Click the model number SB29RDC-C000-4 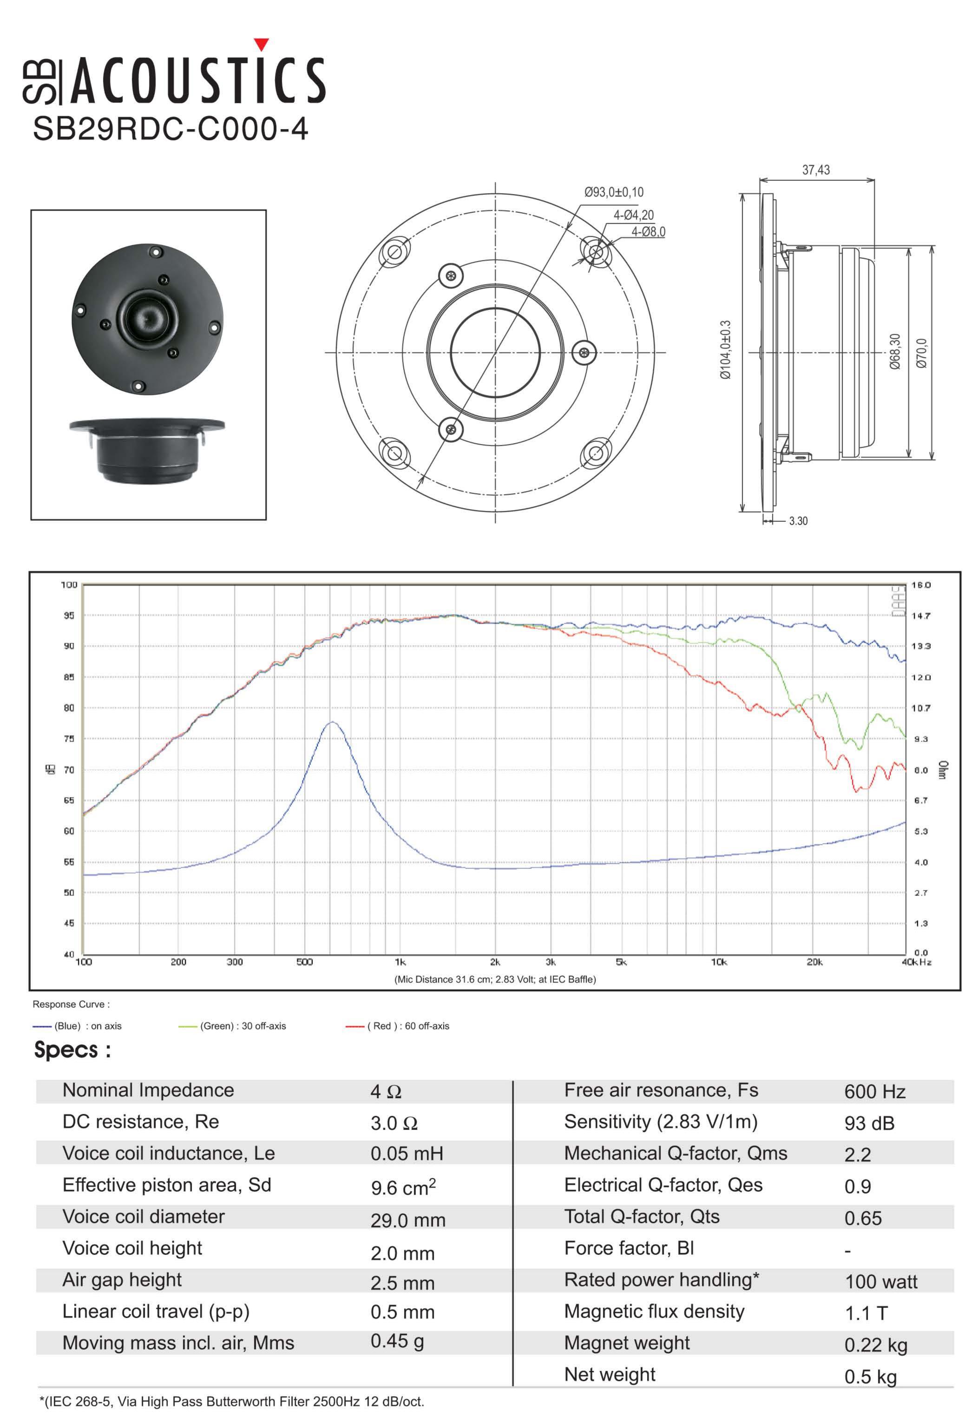point(170,129)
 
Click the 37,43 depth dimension point(815,170)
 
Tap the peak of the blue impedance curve point(332,722)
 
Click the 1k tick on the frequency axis point(400,962)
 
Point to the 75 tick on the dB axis point(69,739)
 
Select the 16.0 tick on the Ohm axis point(920,585)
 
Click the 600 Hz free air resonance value point(874,1091)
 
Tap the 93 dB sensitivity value point(869,1123)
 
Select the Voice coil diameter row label point(143,1216)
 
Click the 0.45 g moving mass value point(397,1341)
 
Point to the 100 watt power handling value point(880,1281)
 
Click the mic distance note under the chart point(495,979)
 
